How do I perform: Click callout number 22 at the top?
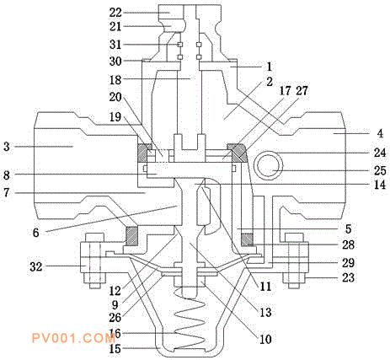coord(115,13)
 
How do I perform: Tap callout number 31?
coord(115,45)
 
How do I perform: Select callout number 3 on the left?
coord(7,147)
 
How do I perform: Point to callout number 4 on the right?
coord(380,133)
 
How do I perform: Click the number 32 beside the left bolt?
coord(36,266)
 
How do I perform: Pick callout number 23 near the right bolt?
coord(349,277)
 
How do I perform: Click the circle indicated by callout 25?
coord(269,165)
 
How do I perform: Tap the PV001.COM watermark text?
coord(73,338)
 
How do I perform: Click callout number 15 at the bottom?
coord(115,349)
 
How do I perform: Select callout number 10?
coord(265,340)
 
